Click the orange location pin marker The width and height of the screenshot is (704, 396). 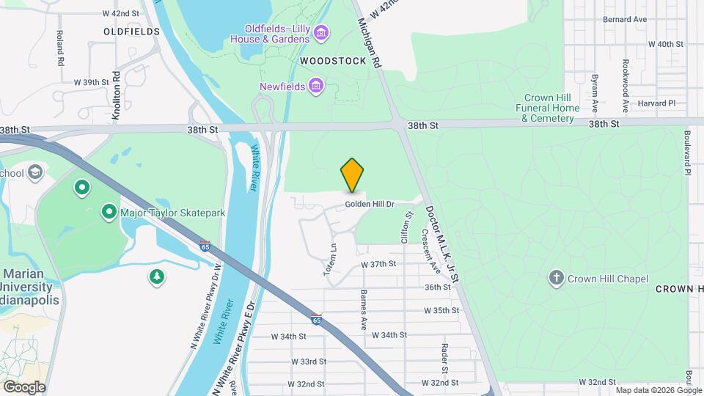point(353,175)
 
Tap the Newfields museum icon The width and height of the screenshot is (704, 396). point(316,87)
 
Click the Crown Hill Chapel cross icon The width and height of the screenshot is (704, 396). point(557,278)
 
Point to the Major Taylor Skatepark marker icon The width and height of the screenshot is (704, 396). point(109,213)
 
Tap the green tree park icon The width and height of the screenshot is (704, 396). point(155,276)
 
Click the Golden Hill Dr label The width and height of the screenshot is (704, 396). point(370,204)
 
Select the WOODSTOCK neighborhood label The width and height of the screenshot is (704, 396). point(332,61)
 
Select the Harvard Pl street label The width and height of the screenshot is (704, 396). point(656,103)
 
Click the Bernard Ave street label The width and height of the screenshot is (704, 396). point(624,19)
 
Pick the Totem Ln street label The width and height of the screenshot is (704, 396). point(331,260)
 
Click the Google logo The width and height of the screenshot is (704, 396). point(23,386)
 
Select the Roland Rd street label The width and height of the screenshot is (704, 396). point(61,48)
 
